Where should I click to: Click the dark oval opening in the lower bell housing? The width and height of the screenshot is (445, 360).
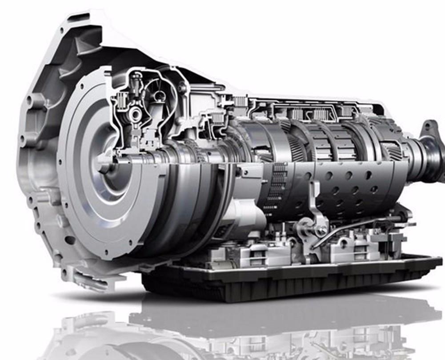tap(70, 240)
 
